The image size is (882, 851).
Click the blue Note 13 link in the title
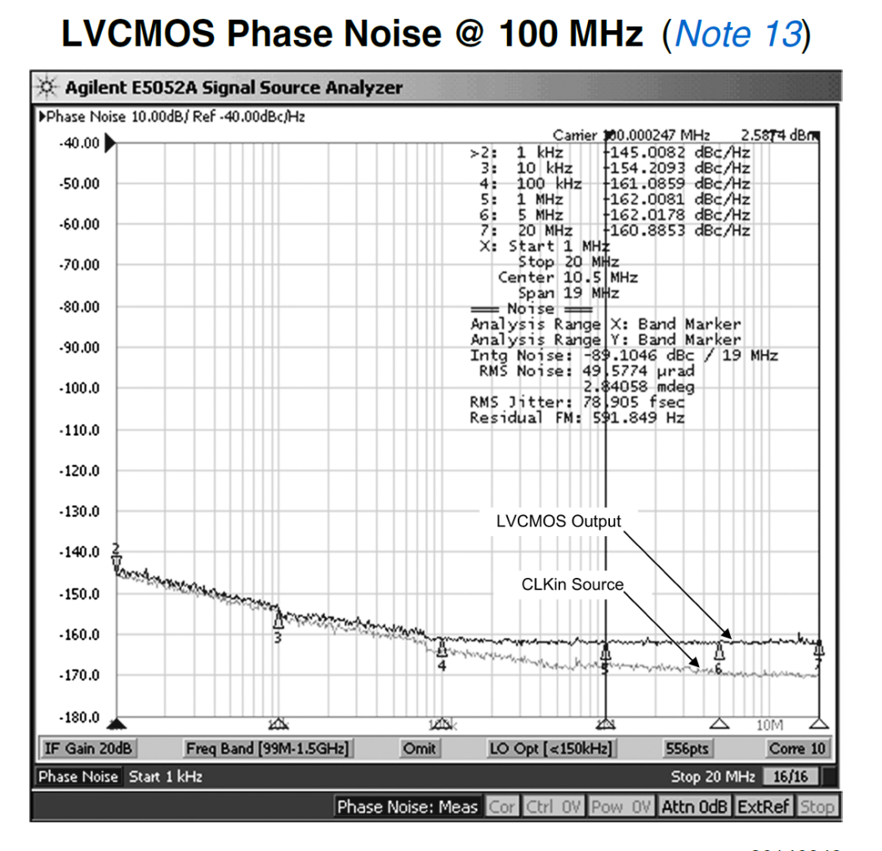coord(738,34)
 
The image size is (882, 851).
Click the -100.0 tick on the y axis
coord(78,388)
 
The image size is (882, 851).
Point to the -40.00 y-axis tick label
coord(78,143)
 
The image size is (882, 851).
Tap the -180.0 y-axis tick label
coord(78,718)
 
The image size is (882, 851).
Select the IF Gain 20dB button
coord(88,748)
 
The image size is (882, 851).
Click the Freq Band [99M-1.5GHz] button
coord(267,748)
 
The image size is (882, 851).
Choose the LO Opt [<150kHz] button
coord(550,748)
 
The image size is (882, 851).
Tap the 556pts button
coord(687,748)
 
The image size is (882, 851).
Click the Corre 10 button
coord(796,748)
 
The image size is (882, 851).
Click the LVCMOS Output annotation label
coord(559,522)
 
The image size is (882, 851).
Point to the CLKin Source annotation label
coord(572,585)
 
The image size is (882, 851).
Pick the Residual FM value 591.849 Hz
coord(639,418)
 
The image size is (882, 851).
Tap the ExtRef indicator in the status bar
coord(764,807)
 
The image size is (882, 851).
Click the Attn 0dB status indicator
coord(694,807)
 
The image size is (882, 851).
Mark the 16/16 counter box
coord(791,776)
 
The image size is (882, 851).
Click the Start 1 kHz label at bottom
coord(166,776)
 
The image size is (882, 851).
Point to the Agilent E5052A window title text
coord(234,87)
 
